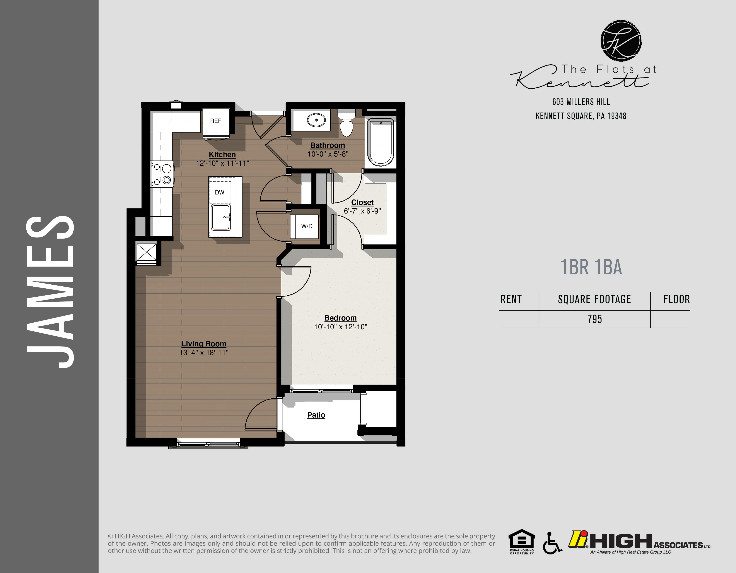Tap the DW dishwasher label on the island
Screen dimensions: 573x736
(x=219, y=192)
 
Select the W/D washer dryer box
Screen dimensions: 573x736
(x=306, y=226)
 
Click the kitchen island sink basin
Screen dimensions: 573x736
(x=221, y=218)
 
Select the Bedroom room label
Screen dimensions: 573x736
(x=340, y=318)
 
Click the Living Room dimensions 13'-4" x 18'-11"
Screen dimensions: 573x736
(x=204, y=353)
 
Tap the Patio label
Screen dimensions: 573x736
(x=316, y=415)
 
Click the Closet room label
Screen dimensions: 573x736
(x=362, y=202)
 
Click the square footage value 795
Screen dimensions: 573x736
(x=594, y=319)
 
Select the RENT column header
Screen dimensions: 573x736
(x=511, y=299)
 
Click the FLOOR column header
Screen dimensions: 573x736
(x=676, y=299)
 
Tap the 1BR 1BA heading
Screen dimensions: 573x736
(x=591, y=267)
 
